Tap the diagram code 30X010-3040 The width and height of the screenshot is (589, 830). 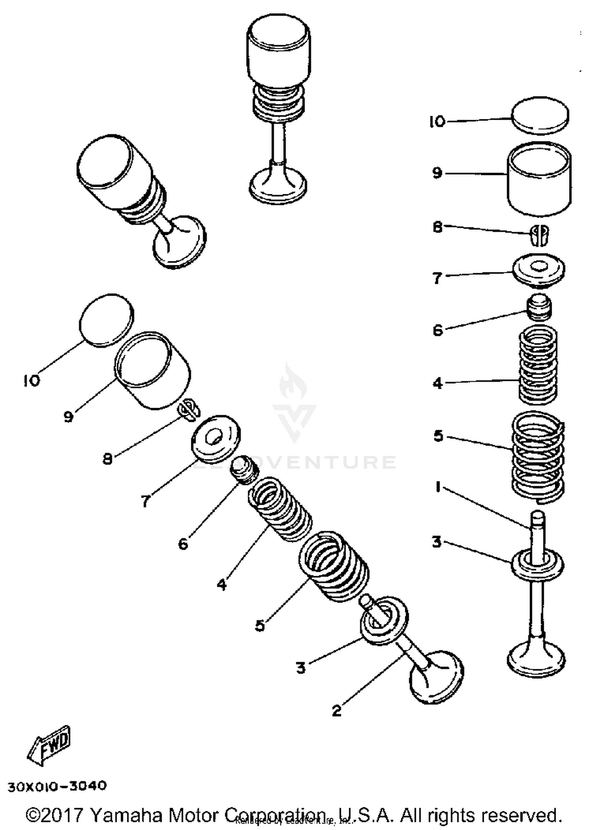(57, 786)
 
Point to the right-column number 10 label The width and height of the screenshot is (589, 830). (437, 122)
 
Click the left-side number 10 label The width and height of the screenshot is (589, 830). (31, 380)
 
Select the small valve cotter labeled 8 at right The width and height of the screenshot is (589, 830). (539, 235)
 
